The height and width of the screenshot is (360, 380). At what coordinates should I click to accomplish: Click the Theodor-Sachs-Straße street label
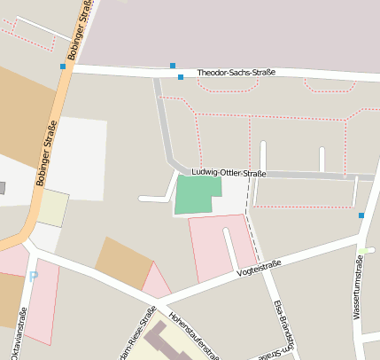pyautogui.click(x=236, y=73)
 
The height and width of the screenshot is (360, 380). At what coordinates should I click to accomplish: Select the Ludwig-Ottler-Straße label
pyautogui.click(x=229, y=172)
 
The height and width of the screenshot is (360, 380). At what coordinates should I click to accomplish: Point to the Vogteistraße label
pyautogui.click(x=259, y=269)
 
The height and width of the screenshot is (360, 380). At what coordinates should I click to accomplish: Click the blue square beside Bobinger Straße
pyautogui.click(x=63, y=67)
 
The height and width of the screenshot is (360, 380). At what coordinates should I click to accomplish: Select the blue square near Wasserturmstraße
pyautogui.click(x=361, y=215)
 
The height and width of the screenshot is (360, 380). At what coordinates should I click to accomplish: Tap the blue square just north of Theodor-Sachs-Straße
pyautogui.click(x=172, y=65)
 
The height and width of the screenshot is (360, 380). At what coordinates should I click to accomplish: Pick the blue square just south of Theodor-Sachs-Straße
pyautogui.click(x=181, y=77)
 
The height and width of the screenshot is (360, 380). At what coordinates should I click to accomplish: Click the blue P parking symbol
pyautogui.click(x=34, y=277)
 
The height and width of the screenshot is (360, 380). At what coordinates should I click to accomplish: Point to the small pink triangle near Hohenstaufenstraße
pyautogui.click(x=155, y=283)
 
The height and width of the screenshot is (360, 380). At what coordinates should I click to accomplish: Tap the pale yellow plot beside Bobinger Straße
pyautogui.click(x=53, y=208)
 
